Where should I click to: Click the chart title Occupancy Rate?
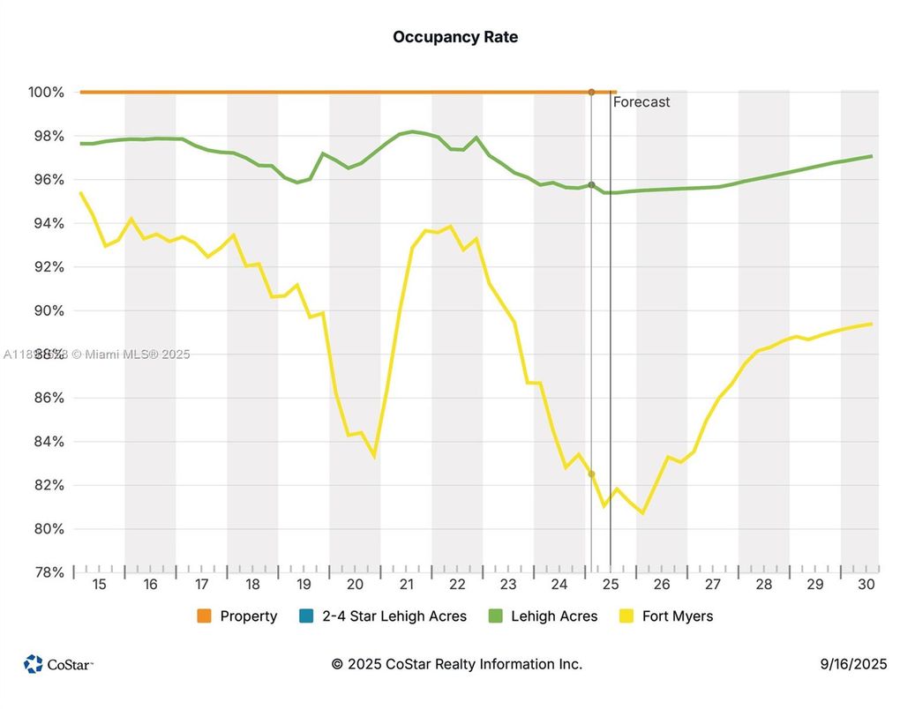pos(455,37)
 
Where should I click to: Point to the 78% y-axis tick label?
pos(49,572)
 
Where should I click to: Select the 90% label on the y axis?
pos(49,310)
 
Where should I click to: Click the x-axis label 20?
pos(355,585)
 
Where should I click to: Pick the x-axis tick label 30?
pos(866,585)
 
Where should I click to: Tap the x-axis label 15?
pos(99,585)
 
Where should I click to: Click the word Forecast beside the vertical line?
pos(641,102)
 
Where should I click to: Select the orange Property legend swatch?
pos(205,616)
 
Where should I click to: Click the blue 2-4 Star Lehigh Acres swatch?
pos(306,616)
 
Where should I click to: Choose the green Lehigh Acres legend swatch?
pos(495,616)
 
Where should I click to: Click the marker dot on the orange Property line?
pos(591,92)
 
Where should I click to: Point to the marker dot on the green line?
pos(591,185)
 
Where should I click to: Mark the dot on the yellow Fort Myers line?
pos(591,474)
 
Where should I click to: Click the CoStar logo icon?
pos(34,664)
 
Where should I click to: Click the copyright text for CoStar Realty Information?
pos(456,664)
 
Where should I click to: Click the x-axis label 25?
pos(611,585)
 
